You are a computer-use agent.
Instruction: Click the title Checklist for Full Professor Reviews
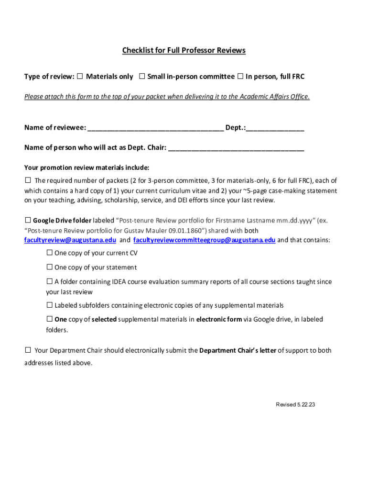coord(184,50)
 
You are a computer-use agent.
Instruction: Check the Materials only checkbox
coord(80,76)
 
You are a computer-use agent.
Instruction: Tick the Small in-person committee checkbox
coord(142,76)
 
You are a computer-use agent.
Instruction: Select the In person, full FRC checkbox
coord(240,76)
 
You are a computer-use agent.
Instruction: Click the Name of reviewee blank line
coord(155,128)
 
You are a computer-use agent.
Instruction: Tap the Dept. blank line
coord(275,128)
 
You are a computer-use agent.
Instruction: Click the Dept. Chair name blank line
coord(236,148)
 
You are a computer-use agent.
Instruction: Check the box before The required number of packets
coord(28,180)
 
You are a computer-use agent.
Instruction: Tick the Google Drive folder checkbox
coord(28,220)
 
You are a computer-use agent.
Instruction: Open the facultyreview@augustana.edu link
coord(70,240)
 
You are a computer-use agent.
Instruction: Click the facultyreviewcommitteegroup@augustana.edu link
coord(204,240)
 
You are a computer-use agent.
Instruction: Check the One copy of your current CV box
coord(49,253)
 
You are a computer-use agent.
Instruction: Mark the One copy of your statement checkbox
coord(49,267)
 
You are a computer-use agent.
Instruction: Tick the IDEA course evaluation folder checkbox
coord(49,281)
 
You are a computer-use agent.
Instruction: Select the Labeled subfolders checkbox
coord(49,305)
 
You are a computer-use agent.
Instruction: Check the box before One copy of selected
coord(49,319)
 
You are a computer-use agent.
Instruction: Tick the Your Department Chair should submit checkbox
coord(28,350)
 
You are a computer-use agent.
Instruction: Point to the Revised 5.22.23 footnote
coord(295,405)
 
